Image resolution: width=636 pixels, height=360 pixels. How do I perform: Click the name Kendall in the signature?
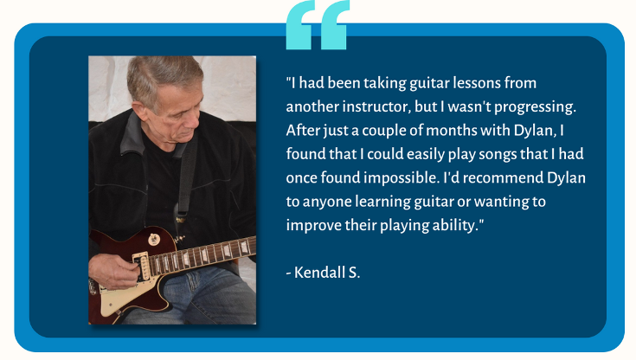[x=319, y=273]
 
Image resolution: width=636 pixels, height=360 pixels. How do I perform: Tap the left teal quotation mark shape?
[x=299, y=25]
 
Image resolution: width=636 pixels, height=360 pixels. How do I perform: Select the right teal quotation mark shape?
[x=335, y=25]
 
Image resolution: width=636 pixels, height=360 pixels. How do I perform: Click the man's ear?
[x=140, y=110]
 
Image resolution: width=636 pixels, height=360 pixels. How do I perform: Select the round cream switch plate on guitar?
[x=154, y=240]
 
